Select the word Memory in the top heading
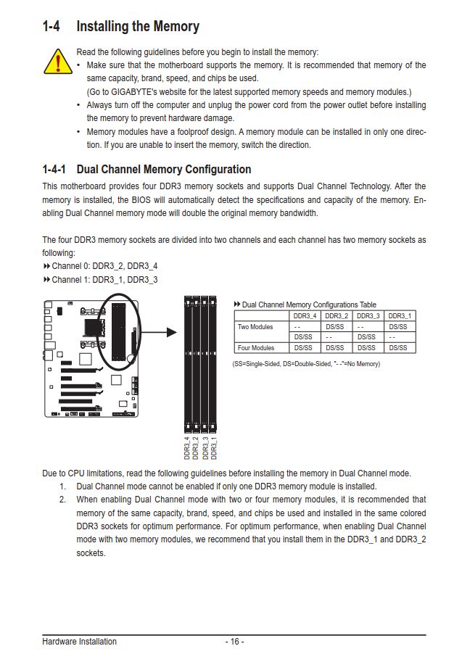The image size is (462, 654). [176, 27]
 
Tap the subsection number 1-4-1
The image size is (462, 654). [54, 170]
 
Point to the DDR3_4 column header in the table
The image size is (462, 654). [305, 316]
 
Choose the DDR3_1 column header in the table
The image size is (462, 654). [400, 316]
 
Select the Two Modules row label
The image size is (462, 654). [256, 327]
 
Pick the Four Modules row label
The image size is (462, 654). [256, 348]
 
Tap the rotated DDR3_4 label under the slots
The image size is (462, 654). [187, 447]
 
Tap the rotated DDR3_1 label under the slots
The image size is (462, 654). [214, 447]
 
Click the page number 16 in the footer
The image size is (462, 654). [234, 642]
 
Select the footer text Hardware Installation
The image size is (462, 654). [79, 642]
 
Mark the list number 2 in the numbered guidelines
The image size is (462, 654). [63, 500]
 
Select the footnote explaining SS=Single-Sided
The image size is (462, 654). [305, 363]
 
